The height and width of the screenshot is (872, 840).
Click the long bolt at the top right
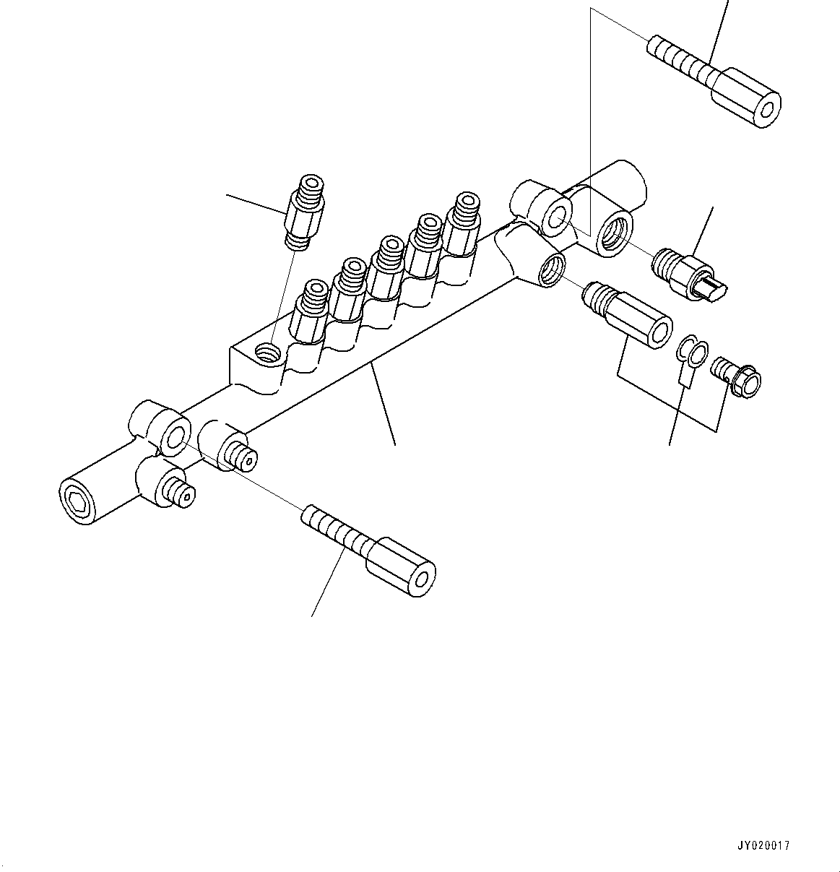coord(715,79)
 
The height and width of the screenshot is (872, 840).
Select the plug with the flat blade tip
coord(690,277)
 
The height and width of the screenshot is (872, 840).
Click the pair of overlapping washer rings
coord(691,352)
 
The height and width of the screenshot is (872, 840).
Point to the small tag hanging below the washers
coord(685,377)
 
